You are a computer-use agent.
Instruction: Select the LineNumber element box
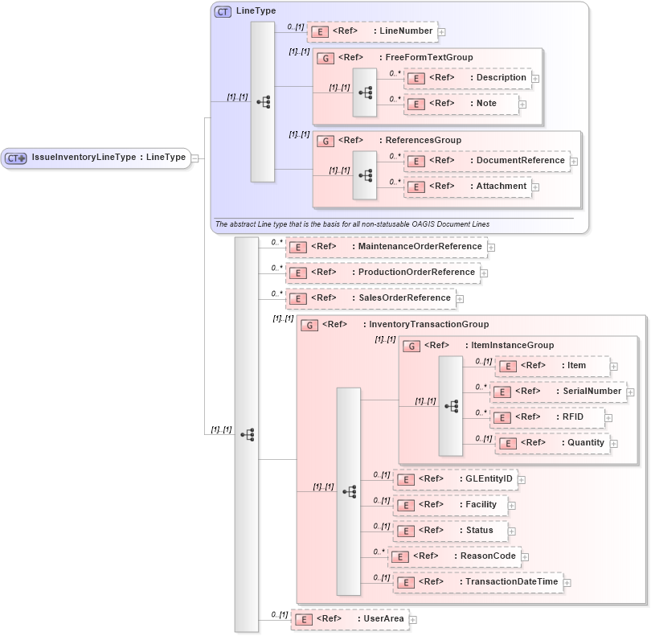pos(372,31)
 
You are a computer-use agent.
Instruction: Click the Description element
pos(467,78)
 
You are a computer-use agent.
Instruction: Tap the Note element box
pos(461,104)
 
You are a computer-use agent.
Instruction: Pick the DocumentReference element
pos(486,161)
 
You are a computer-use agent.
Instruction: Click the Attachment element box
pos(467,187)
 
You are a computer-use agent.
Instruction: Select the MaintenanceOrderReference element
pos(386,247)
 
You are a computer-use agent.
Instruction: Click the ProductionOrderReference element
pos(383,273)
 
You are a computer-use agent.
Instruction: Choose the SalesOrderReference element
pos(371,298)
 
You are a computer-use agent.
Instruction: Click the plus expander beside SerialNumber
pos(630,392)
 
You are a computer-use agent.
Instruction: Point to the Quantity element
pos(551,443)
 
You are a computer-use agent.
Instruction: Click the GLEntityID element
pos(454,479)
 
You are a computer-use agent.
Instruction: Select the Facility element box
pos(449,505)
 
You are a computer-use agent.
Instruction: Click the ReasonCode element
pos(454,556)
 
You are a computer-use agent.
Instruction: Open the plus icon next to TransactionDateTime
pos(567,583)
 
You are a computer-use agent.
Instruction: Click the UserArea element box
pos(349,619)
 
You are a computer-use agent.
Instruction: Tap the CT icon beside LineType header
pos(223,11)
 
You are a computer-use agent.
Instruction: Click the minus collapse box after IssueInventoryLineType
pos(194,158)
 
